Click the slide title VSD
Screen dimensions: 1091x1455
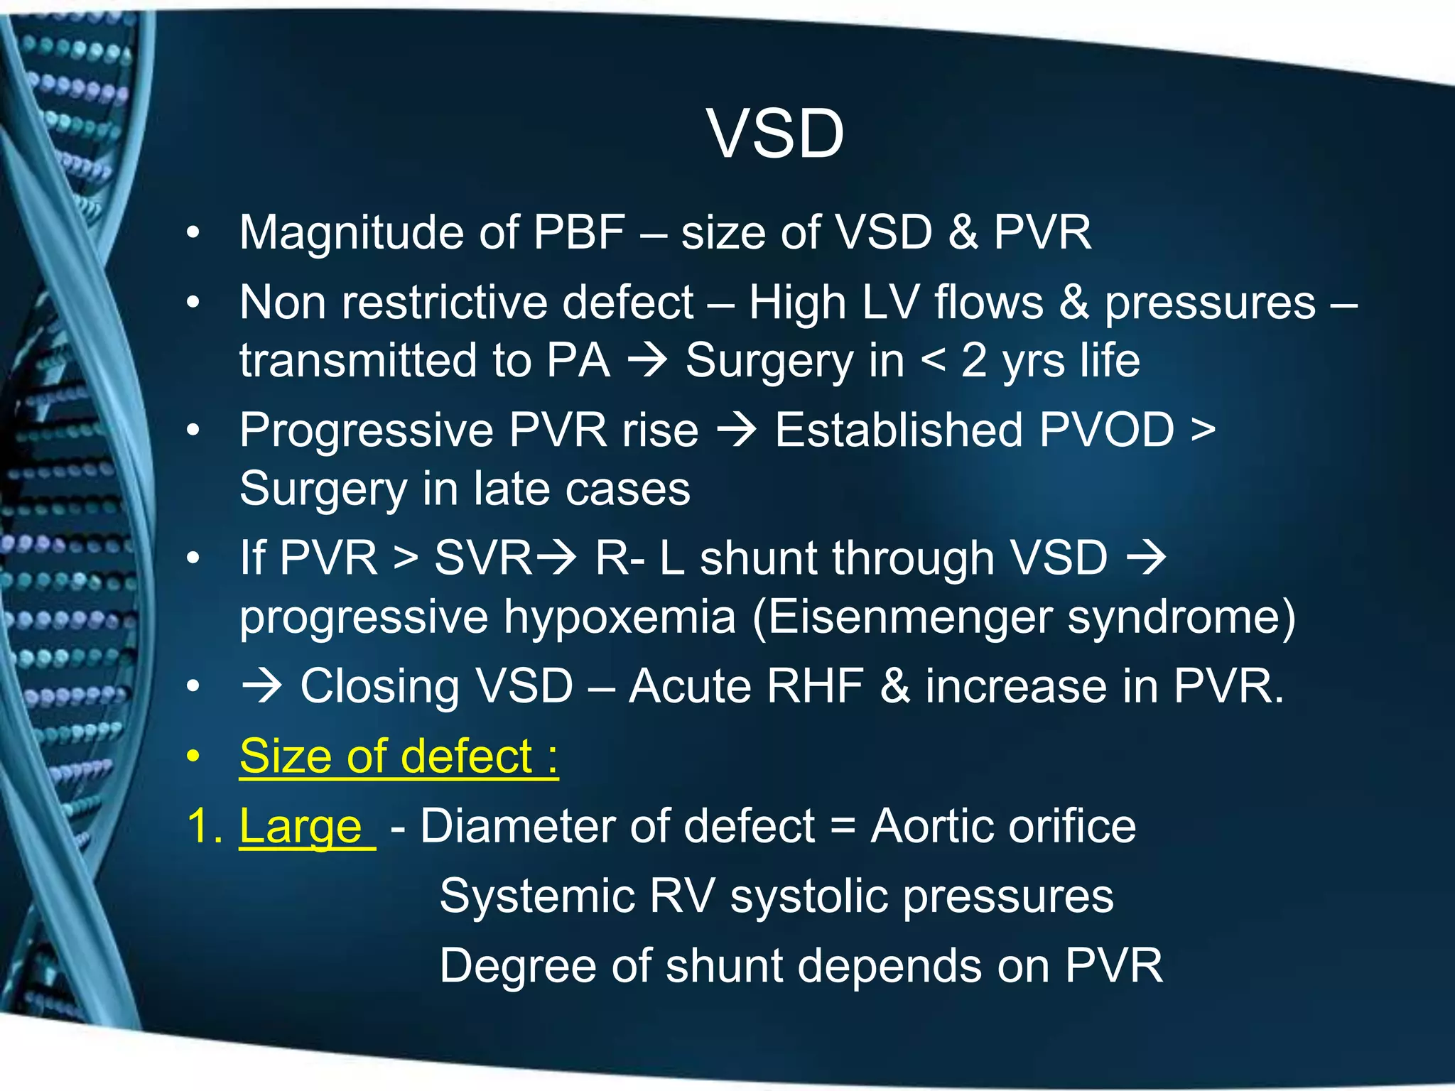[x=775, y=134]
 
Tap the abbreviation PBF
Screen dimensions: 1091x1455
[x=579, y=232]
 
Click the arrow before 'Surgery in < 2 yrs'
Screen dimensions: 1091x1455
[x=647, y=360]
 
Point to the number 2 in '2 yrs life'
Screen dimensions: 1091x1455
[x=973, y=360]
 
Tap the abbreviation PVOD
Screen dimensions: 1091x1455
[x=1106, y=430]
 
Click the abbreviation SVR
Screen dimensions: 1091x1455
[x=483, y=558]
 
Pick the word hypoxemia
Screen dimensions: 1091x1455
[x=619, y=617]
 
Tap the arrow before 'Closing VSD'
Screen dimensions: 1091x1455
[x=261, y=686]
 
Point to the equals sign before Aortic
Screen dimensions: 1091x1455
[x=843, y=827]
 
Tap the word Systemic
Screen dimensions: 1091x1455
[x=536, y=896]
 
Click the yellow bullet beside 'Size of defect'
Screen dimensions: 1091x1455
[x=193, y=757]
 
